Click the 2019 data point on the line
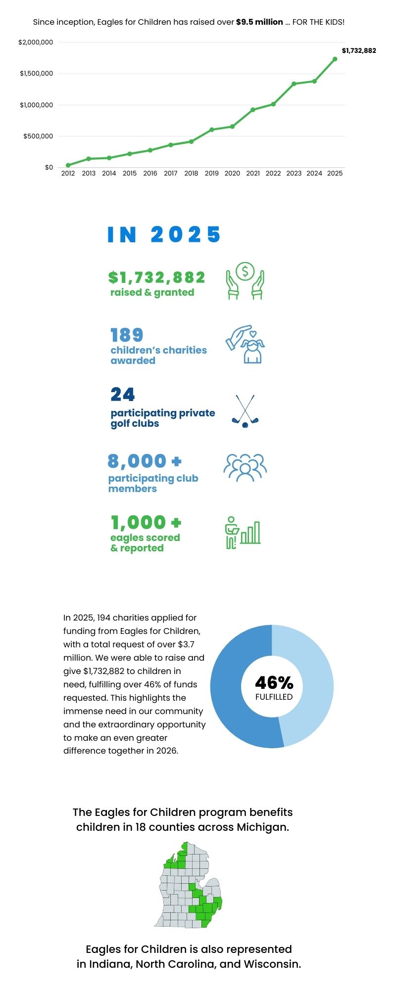pyautogui.click(x=211, y=130)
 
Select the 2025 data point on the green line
pyautogui.click(x=335, y=59)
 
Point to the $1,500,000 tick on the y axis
pyautogui.click(x=36, y=74)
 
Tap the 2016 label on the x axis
pyautogui.click(x=150, y=174)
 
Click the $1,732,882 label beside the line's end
pyautogui.click(x=359, y=50)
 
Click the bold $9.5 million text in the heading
pyautogui.click(x=259, y=22)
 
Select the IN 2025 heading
pyautogui.click(x=164, y=234)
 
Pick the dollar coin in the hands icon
pyautogui.click(x=245, y=271)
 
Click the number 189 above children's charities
pyautogui.click(x=127, y=335)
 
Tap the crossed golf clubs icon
pyautogui.click(x=245, y=411)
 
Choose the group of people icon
pyautogui.click(x=245, y=467)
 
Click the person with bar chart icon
pyautogui.click(x=243, y=533)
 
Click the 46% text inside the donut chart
pyautogui.click(x=274, y=683)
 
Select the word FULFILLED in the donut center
pyautogui.click(x=274, y=697)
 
